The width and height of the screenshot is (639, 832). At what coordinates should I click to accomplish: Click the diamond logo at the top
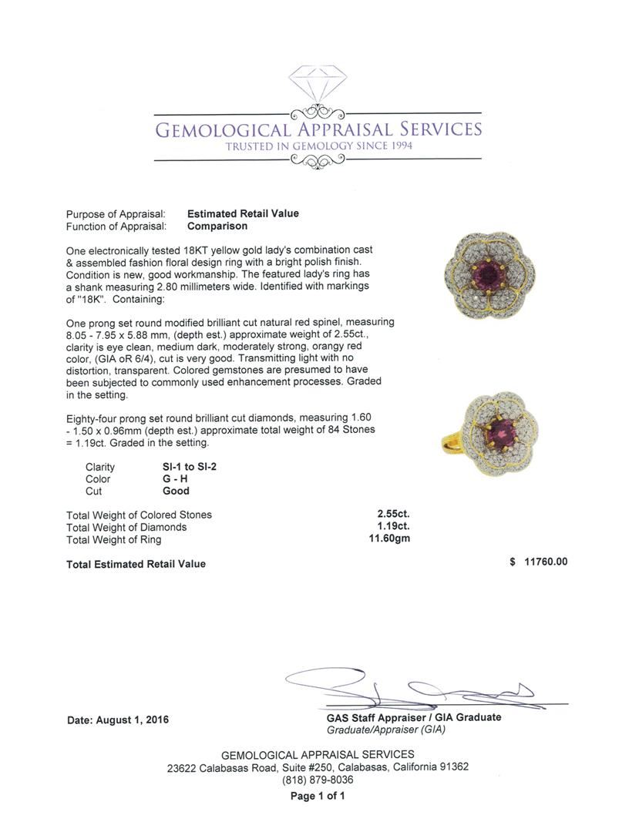click(318, 84)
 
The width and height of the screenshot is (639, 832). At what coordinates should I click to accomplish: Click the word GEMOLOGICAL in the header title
click(223, 129)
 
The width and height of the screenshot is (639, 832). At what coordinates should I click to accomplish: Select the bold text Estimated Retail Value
click(243, 213)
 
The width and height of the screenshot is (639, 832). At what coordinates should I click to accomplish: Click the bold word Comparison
click(217, 226)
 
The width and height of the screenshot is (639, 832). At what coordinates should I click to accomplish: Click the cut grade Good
click(176, 491)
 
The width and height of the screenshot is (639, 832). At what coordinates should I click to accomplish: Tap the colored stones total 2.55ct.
click(392, 515)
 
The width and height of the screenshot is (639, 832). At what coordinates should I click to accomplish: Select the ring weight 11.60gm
click(389, 539)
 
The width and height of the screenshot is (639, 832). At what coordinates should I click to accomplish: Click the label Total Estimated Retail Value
click(136, 564)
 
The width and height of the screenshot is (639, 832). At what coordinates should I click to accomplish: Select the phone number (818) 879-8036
click(318, 780)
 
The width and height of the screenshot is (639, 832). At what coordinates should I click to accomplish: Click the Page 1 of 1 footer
click(318, 797)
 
